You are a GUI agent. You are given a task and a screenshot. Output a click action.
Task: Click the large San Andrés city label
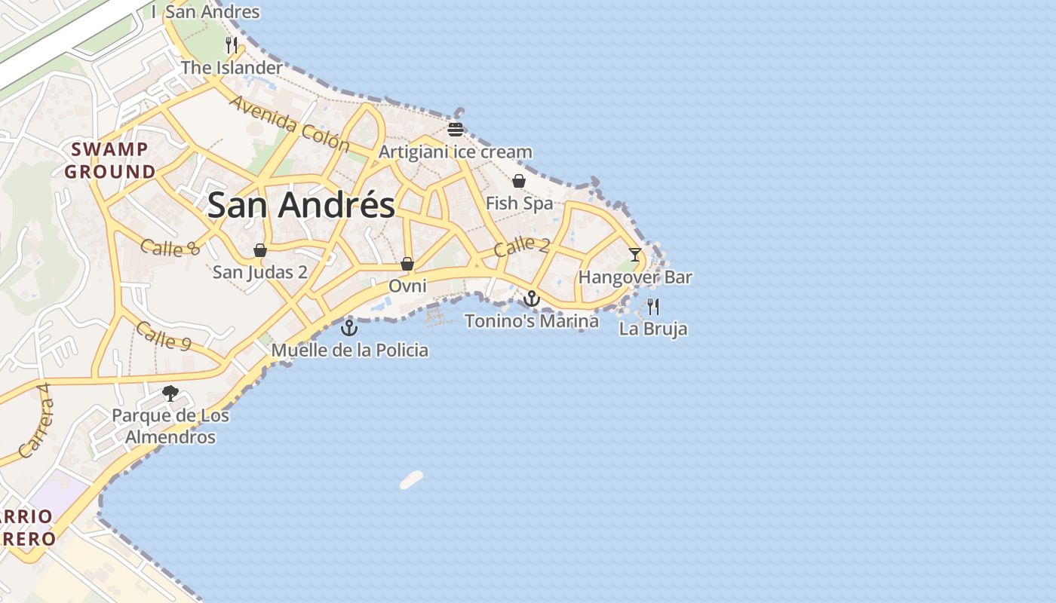pyautogui.click(x=301, y=205)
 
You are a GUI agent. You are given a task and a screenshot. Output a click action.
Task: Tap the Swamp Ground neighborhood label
pyautogui.click(x=109, y=161)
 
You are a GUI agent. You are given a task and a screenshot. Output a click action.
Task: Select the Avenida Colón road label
pyautogui.click(x=290, y=123)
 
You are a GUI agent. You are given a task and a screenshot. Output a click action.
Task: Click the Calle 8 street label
pyautogui.click(x=170, y=248)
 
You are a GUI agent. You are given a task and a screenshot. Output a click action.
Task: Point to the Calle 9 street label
pyautogui.click(x=164, y=336)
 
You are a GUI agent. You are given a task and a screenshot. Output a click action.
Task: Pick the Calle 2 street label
pyautogui.click(x=522, y=246)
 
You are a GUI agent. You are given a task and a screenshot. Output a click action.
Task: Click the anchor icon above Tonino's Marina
pyautogui.click(x=532, y=299)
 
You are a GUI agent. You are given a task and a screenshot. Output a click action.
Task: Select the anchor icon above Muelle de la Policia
pyautogui.click(x=348, y=328)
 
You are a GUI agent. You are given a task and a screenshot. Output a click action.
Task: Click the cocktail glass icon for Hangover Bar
pyautogui.click(x=635, y=255)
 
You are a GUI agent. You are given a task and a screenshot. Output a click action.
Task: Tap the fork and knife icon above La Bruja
pyautogui.click(x=653, y=307)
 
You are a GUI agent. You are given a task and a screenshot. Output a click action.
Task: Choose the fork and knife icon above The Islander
pyautogui.click(x=232, y=45)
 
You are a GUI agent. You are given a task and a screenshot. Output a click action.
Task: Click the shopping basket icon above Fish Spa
pyautogui.click(x=519, y=181)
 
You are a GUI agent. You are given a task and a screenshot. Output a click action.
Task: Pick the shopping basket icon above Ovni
pyautogui.click(x=407, y=264)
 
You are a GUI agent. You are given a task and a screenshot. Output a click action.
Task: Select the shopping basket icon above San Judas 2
pyautogui.click(x=260, y=250)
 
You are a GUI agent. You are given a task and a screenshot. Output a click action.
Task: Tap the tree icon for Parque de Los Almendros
pyautogui.click(x=170, y=393)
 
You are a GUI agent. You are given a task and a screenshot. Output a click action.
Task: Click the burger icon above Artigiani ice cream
pyautogui.click(x=455, y=129)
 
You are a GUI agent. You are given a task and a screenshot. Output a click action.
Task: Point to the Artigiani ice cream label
pyautogui.click(x=455, y=152)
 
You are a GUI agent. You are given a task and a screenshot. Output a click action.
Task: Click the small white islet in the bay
pyautogui.click(x=411, y=479)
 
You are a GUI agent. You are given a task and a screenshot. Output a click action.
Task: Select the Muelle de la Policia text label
pyautogui.click(x=349, y=350)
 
